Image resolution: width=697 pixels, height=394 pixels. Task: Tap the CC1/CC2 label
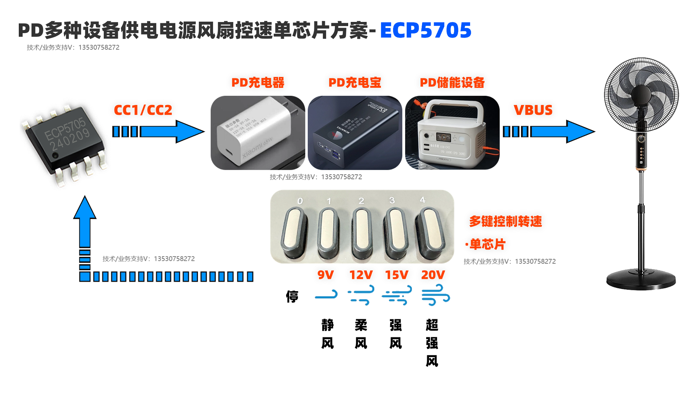(143, 110)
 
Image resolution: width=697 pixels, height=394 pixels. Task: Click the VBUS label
(533, 110)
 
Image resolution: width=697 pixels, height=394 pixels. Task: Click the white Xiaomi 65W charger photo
(258, 133)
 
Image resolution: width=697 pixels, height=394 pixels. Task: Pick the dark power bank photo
(355, 133)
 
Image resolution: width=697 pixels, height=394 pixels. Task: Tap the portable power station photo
(452, 133)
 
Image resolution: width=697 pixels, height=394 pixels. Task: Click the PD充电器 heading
(258, 83)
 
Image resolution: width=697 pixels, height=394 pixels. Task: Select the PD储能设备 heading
(452, 83)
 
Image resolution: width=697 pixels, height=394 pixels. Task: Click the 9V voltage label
(325, 275)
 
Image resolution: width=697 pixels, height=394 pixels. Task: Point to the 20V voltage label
(433, 275)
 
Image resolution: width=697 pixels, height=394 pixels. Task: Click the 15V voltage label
(397, 275)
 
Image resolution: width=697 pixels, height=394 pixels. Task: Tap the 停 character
(292, 297)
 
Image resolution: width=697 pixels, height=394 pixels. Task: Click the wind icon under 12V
(361, 295)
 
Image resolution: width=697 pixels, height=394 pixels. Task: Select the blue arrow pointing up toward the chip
(85, 223)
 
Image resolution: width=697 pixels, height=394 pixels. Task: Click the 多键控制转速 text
(505, 221)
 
